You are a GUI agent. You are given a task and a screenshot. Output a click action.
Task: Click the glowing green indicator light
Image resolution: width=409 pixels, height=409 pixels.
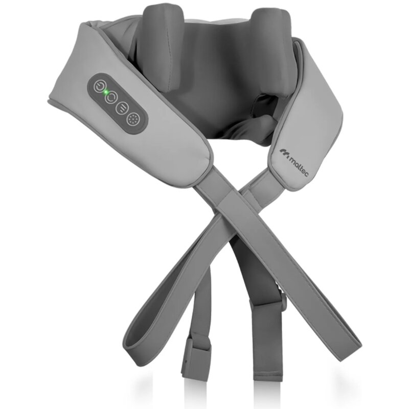(106, 92)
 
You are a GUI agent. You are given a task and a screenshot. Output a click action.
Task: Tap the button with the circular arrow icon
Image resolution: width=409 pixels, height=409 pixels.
(111, 97)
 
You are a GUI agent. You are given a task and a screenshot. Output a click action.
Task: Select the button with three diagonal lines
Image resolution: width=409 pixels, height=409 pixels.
(122, 108)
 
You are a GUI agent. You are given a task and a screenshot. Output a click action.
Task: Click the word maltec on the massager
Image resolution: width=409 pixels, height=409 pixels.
(298, 168)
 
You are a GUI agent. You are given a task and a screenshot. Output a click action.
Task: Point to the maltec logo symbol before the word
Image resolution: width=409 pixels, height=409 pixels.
(284, 153)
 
